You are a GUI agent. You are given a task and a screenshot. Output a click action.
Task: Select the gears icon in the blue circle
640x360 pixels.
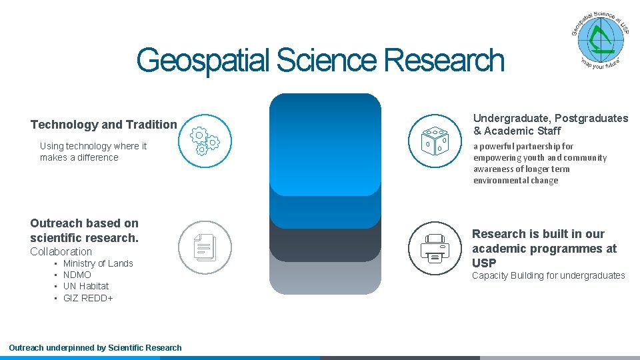pos(205,141)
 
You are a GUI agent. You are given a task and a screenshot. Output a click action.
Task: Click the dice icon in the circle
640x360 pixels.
pos(434,141)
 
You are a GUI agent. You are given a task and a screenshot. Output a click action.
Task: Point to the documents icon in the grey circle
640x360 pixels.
pos(205,247)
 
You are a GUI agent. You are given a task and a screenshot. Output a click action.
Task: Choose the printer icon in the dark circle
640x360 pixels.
pos(434,247)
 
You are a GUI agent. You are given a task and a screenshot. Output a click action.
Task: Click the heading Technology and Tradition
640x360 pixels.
pos(104,125)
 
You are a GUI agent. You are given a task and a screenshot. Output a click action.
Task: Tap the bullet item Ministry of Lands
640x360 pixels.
pos(98,263)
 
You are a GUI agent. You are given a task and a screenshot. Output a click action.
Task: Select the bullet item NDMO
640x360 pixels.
pos(77,275)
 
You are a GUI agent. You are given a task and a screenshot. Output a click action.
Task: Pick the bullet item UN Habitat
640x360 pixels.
pos(86,286)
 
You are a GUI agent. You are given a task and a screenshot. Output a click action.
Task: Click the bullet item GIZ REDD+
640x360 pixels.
pos(88,298)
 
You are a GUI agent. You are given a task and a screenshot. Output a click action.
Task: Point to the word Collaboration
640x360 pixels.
pos(61,251)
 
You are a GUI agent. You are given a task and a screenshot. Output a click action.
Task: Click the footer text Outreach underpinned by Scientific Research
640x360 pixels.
pos(95,347)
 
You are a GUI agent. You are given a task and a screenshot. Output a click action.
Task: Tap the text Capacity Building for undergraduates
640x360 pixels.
pos(549,275)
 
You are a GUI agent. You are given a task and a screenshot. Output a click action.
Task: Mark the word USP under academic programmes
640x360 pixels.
pos(484,263)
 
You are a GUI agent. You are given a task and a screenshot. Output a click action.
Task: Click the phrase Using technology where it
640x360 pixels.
pos(93,146)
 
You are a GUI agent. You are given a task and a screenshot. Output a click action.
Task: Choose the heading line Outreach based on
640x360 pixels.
pos(85,223)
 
